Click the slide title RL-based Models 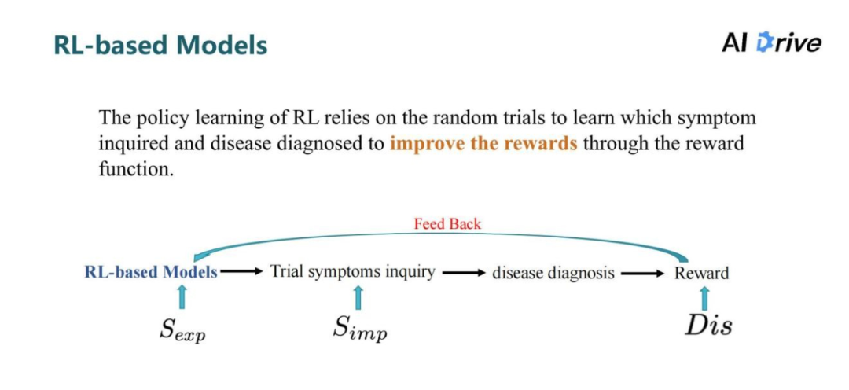(x=160, y=45)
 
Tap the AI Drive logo (x=771, y=42)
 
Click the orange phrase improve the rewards (x=483, y=145)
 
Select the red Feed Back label (x=447, y=223)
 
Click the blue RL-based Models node (x=151, y=272)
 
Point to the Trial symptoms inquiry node (x=352, y=271)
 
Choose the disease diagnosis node (x=553, y=273)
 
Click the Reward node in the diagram (x=701, y=273)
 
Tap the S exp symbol (x=182, y=329)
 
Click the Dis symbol (x=707, y=325)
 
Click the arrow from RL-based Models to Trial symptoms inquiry (x=241, y=272)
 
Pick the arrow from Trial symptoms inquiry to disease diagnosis (x=463, y=273)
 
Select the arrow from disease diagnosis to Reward (x=643, y=273)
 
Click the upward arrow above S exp (x=182, y=297)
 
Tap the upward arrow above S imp (x=358, y=297)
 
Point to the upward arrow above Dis (x=704, y=298)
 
